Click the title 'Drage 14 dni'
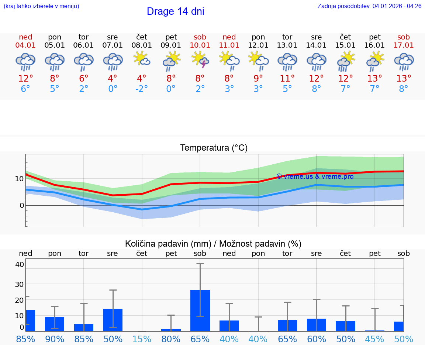click(175, 11)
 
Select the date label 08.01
click(142, 45)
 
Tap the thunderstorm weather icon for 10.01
click(200, 61)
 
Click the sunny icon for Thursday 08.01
click(142, 59)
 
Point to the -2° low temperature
click(142, 89)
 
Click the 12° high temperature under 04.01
click(25, 78)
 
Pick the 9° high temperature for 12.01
click(258, 78)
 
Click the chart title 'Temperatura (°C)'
click(214, 148)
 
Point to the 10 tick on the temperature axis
click(19, 179)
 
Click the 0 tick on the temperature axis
click(21, 205)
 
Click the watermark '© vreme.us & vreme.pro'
click(315, 176)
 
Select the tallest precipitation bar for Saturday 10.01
click(200, 310)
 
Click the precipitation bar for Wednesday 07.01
click(113, 320)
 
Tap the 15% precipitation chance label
click(142, 339)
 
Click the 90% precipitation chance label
click(55, 339)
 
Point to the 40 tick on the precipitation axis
click(19, 264)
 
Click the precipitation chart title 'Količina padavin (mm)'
click(168, 244)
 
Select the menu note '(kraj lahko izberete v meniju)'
click(41, 6)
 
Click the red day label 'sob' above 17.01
click(404, 37)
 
